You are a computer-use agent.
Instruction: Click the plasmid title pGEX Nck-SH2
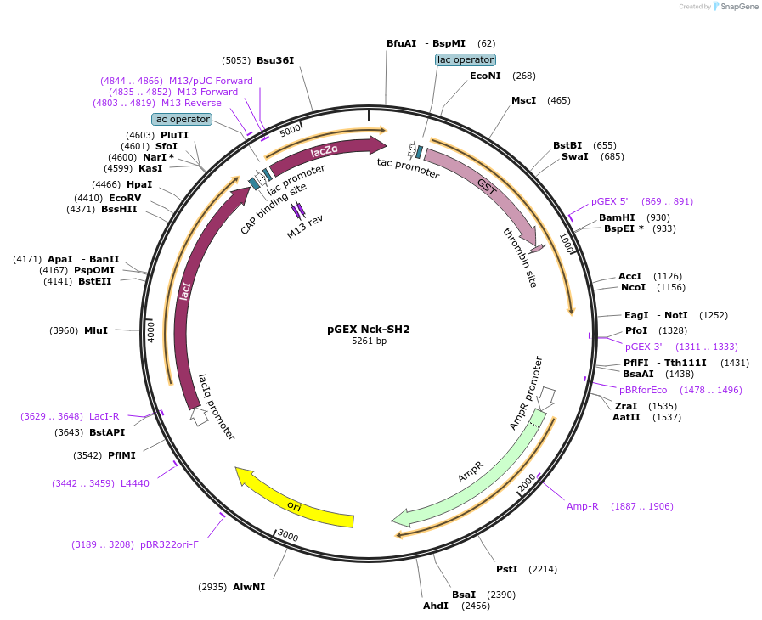tap(369, 329)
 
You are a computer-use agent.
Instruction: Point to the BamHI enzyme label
tap(617, 217)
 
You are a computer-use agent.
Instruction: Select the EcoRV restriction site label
tap(125, 198)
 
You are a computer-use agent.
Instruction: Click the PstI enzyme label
tap(507, 569)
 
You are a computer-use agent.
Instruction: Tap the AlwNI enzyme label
tap(249, 587)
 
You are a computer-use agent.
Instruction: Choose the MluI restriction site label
tap(96, 330)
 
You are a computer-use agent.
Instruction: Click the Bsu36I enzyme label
tap(275, 60)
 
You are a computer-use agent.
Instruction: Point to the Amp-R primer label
tap(583, 506)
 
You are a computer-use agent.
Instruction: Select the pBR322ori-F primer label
tap(169, 544)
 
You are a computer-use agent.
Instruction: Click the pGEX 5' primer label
tap(609, 201)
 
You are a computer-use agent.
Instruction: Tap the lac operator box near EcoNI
tap(465, 59)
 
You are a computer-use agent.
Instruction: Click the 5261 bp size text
tap(369, 341)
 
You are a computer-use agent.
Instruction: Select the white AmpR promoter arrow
tap(547, 397)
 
